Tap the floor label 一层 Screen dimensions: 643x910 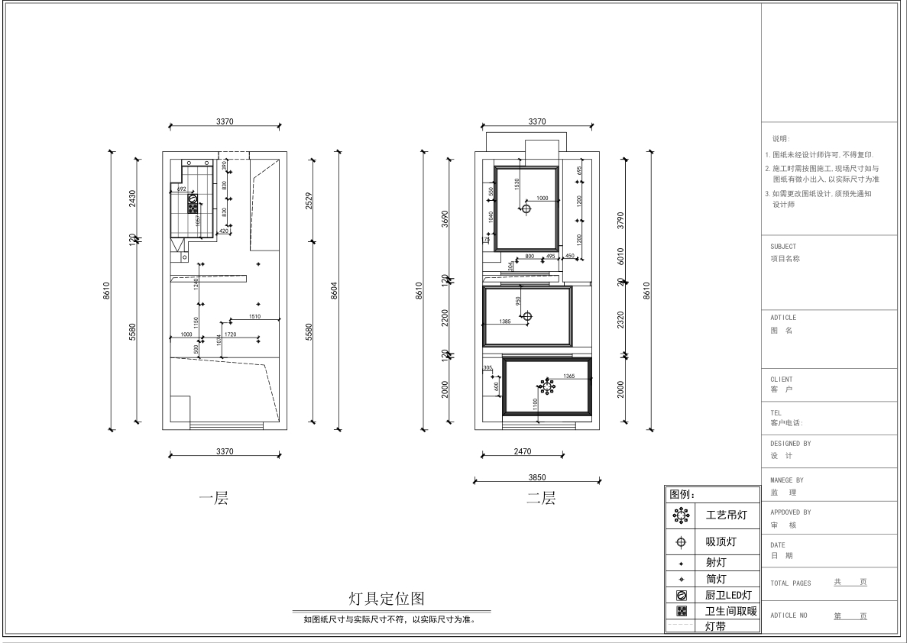[x=213, y=499]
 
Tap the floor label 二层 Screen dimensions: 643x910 [x=541, y=499]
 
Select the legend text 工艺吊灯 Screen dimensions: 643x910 [x=726, y=515]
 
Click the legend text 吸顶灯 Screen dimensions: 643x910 [x=721, y=543]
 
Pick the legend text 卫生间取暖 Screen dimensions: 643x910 [x=730, y=610]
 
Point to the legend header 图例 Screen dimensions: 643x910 [x=682, y=494]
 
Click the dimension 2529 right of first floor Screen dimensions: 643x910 [x=308, y=200]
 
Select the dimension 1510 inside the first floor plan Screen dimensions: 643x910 [x=254, y=316]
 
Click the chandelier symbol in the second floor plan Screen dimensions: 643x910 [x=548, y=386]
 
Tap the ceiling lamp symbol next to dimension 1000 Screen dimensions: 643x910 [x=526, y=208]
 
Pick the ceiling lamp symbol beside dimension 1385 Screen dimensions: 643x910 [x=527, y=316]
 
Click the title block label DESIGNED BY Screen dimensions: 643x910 [x=791, y=443]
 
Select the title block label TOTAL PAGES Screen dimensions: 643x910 [x=791, y=583]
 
